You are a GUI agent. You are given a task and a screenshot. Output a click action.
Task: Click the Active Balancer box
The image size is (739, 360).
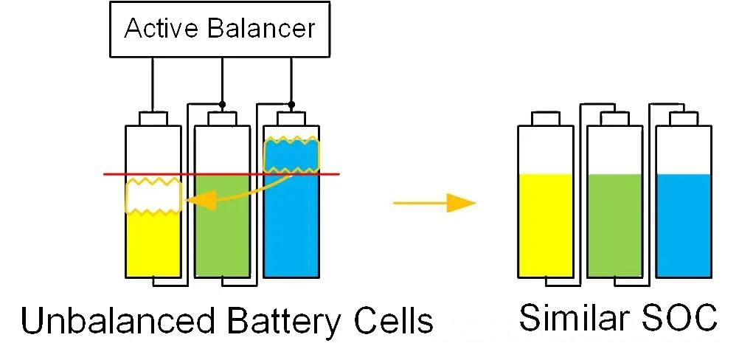tap(221, 30)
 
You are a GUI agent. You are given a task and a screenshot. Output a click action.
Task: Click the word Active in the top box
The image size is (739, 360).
tap(152, 30)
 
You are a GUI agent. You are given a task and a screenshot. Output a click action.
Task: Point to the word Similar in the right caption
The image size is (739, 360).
tap(563, 317)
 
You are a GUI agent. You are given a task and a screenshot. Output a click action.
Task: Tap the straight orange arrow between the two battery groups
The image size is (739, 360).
tap(433, 203)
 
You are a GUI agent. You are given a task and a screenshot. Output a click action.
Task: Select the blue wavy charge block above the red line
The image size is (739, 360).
tap(292, 154)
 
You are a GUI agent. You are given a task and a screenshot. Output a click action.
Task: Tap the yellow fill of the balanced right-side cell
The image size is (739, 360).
tap(546, 225)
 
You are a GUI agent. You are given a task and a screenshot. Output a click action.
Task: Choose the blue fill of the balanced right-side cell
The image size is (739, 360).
tap(684, 225)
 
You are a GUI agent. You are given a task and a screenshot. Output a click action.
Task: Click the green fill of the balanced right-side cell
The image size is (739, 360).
tap(615, 225)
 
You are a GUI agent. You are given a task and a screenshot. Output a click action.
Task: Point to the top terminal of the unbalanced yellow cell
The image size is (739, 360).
tap(153, 119)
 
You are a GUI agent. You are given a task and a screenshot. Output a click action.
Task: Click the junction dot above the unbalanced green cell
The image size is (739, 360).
tap(222, 104)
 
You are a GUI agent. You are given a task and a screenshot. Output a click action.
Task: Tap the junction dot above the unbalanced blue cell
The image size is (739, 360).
tap(291, 104)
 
